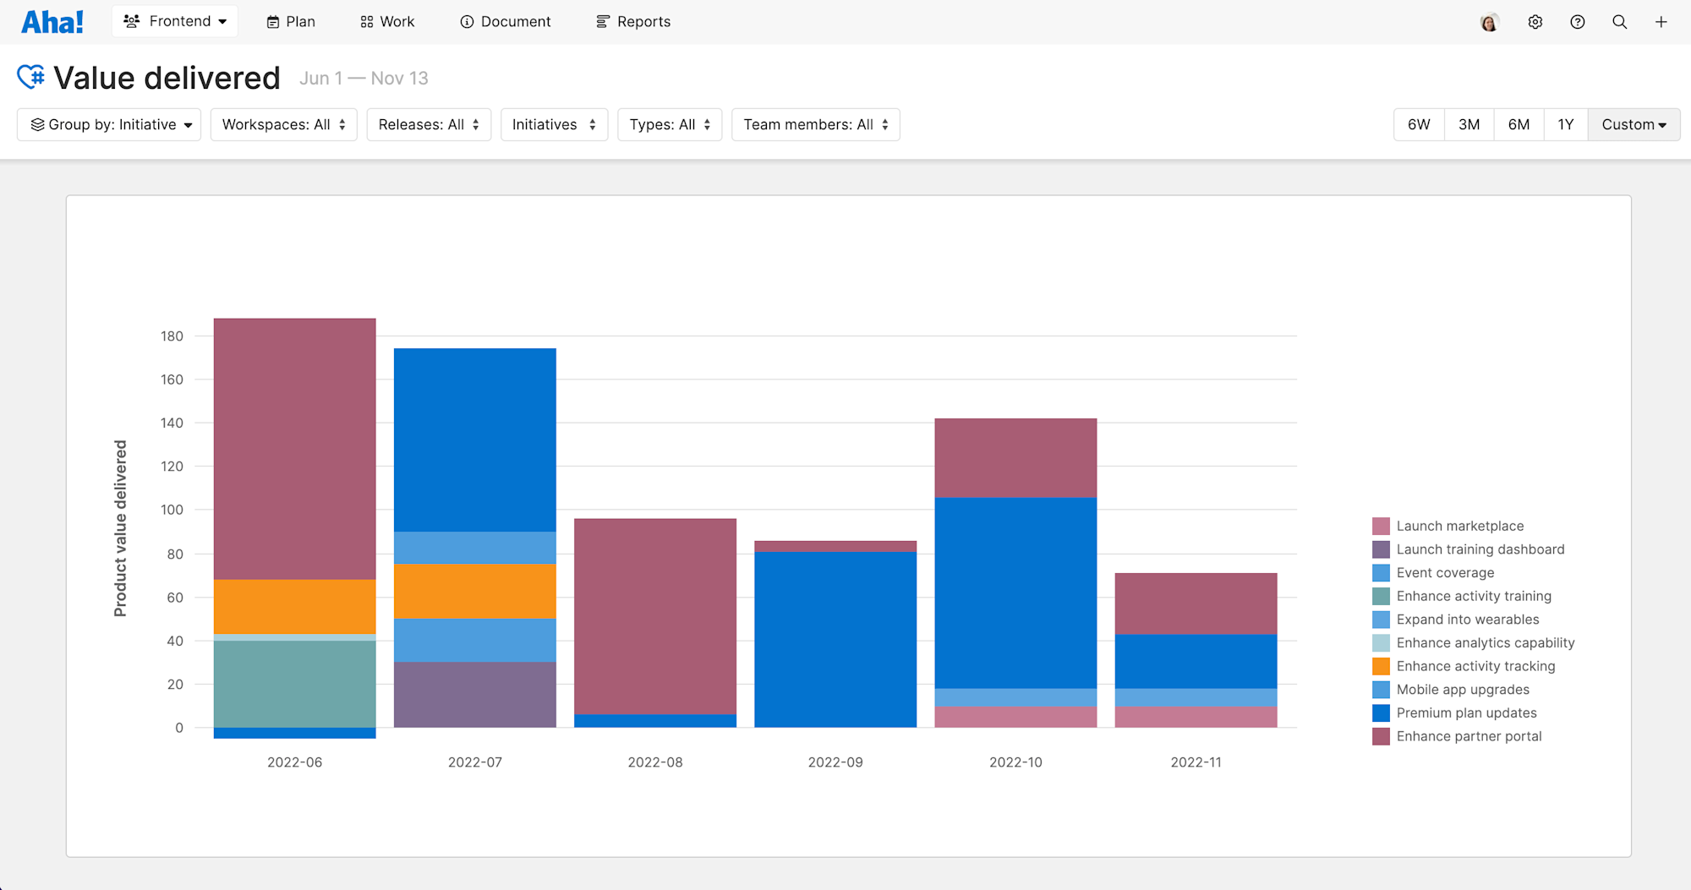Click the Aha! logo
pos(52,22)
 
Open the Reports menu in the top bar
pos(633,22)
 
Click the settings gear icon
pos(1535,22)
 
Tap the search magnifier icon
pos(1619,22)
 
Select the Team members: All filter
pos(815,125)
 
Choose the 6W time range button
pos(1419,125)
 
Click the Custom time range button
pos(1633,125)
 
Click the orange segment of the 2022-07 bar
pos(475,591)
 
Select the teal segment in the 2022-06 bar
pos(295,684)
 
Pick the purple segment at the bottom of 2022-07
pos(475,694)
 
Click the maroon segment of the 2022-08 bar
pos(655,616)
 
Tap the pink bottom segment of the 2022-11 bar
pos(1196,717)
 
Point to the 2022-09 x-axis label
pos(835,762)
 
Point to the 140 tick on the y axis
pos(172,423)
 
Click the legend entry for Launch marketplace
pos(1459,527)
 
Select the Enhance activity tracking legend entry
pos(1475,667)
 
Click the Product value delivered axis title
pos(121,528)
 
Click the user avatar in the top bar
pos(1489,23)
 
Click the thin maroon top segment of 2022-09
pos(835,546)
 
